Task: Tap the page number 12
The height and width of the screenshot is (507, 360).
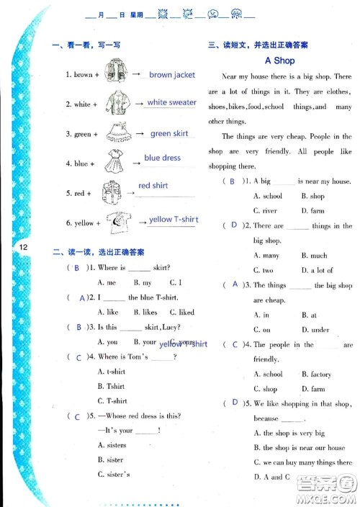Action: point(24,248)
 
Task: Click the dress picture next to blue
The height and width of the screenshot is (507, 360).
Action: point(114,162)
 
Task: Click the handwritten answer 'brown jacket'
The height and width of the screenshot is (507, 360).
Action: point(172,74)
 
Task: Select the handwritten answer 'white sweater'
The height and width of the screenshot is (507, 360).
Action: point(171,102)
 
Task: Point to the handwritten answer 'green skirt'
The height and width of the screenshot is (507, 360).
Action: point(169,133)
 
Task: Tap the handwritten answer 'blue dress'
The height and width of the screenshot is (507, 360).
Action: point(162,158)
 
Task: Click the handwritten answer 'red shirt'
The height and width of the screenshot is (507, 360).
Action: point(153,186)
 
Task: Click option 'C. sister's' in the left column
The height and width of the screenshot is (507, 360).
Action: point(113,475)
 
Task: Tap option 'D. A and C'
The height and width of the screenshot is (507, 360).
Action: point(272,477)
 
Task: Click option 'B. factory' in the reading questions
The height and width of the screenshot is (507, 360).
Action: point(316,374)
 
